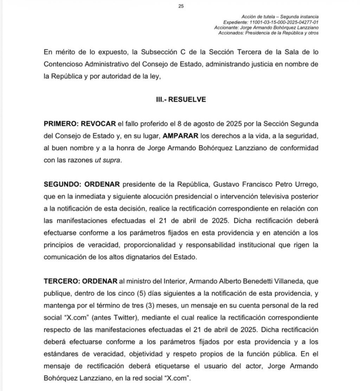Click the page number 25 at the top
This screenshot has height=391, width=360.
coord(181,6)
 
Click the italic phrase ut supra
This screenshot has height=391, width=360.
coord(108,160)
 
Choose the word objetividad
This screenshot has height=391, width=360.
coord(151,354)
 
